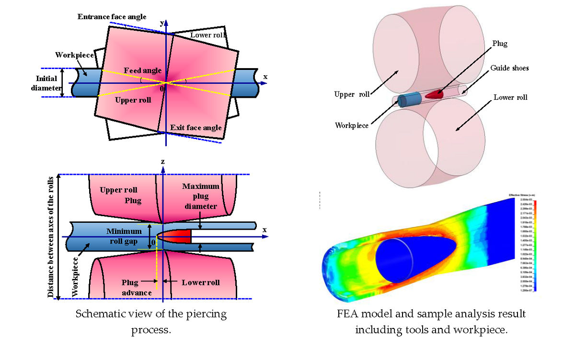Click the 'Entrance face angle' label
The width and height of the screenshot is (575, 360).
pos(112,17)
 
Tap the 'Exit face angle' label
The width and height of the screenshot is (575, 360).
pos(196,128)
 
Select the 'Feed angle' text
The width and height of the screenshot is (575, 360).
pos(139,71)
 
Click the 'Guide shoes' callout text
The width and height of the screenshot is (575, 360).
pos(509,68)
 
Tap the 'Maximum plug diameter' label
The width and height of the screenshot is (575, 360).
pos(200,196)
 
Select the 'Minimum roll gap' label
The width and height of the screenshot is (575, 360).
pos(124,236)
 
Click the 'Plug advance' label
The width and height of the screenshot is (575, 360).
pos(137,288)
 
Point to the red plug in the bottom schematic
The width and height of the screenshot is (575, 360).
pos(178,236)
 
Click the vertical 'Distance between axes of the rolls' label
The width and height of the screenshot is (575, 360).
pos(51,237)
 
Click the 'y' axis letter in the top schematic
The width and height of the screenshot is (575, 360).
pos(162,23)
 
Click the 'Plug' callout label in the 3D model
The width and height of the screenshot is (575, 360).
pos(499,44)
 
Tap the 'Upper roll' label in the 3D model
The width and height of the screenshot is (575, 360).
pos(352,94)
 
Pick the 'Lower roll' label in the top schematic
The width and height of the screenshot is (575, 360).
pos(207,35)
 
